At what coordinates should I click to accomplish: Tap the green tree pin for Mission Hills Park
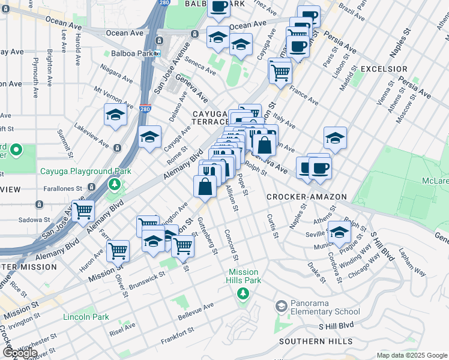tap(243, 293)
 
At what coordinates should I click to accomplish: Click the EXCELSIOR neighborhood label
tap(384, 70)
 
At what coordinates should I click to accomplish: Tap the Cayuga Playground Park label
tap(85, 171)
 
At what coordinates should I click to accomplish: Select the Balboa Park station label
tap(128, 53)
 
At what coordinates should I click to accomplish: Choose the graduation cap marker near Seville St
tap(340, 231)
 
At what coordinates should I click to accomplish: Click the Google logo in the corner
tap(20, 353)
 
